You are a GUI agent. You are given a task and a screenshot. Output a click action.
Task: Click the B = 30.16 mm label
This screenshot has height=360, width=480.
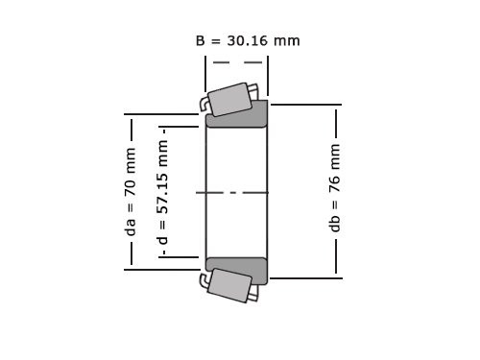click(248, 40)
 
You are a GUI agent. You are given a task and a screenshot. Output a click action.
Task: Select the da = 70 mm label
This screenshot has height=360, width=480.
click(131, 192)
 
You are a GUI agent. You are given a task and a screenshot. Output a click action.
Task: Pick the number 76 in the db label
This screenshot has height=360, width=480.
click(335, 181)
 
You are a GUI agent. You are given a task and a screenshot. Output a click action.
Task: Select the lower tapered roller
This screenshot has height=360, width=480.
click(229, 286)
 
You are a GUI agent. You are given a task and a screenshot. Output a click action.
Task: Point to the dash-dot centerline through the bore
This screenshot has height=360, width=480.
click(236, 193)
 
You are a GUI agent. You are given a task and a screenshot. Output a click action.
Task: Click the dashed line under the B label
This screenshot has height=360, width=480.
click(236, 62)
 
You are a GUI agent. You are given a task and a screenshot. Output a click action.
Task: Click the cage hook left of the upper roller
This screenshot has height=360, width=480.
click(205, 103)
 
